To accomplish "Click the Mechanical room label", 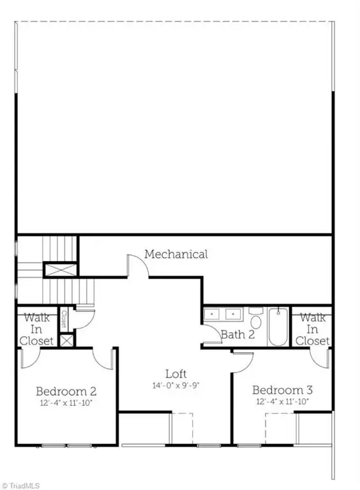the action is click(176, 255).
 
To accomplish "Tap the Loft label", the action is click(176, 374).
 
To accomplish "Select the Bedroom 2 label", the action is click(66, 391).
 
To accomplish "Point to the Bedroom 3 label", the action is click(283, 390).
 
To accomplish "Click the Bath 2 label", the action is click(238, 335).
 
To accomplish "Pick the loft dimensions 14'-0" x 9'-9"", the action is click(176, 385).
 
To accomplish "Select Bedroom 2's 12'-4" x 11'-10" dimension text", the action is click(66, 403).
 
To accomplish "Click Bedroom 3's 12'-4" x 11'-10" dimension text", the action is click(283, 401).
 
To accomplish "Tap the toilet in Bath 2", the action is click(256, 318).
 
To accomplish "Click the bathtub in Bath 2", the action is click(278, 327).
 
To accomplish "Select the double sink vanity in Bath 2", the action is click(223, 314).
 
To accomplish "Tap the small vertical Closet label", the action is click(64, 319).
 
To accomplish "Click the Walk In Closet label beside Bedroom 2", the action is click(36, 329).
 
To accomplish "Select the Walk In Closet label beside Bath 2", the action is click(313, 329).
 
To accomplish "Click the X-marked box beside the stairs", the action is click(61, 270).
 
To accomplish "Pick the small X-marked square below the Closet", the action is click(66, 340).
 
